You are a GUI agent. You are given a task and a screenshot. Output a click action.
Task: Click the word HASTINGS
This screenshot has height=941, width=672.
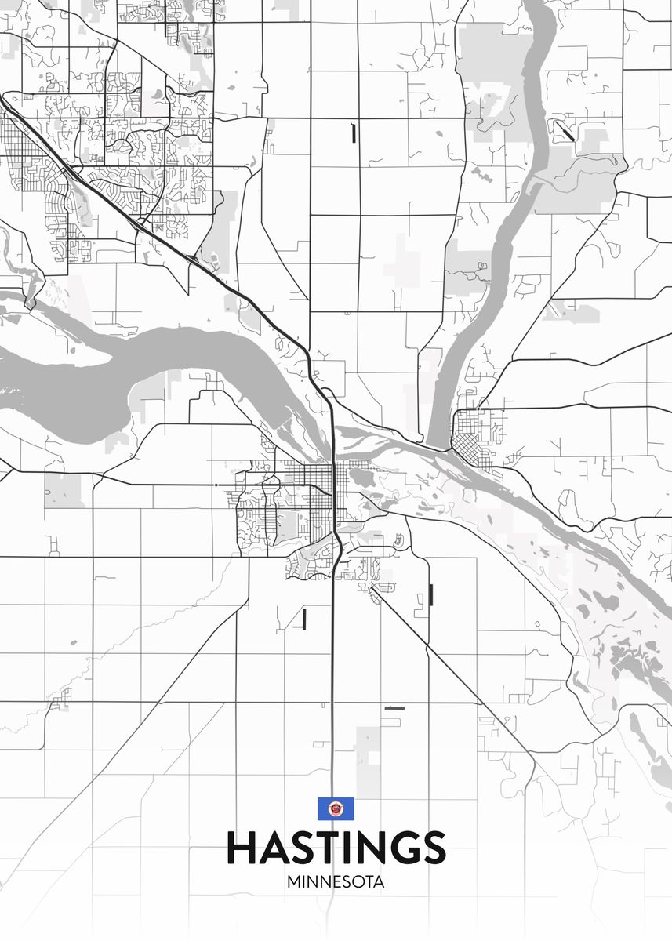click(x=336, y=848)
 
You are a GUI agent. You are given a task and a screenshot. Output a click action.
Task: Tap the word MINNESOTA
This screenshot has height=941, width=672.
click(x=336, y=881)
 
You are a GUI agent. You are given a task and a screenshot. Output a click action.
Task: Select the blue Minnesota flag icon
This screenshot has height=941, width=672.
click(x=336, y=808)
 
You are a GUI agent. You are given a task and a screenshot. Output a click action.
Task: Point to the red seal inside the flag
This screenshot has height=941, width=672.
click(x=336, y=808)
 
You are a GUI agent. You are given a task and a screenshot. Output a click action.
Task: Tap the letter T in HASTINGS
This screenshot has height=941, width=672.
click(x=325, y=848)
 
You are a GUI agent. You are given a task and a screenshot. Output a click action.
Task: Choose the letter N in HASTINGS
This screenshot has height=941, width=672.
click(x=368, y=848)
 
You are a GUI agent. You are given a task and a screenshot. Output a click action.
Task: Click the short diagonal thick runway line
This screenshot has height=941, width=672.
click(x=565, y=129)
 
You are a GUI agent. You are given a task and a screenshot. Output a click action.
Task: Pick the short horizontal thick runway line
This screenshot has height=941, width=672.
click(x=394, y=708)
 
